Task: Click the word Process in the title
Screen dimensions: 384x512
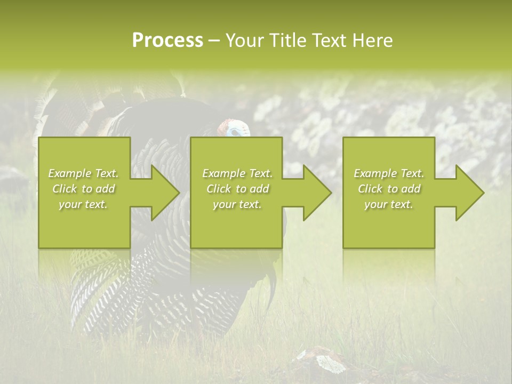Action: (167, 41)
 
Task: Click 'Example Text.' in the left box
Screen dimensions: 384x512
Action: (83, 173)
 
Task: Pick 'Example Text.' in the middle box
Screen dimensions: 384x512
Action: (237, 173)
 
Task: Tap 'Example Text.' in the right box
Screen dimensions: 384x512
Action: (389, 173)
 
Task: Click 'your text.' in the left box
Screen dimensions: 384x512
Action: (83, 204)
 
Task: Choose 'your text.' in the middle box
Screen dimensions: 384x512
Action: (237, 204)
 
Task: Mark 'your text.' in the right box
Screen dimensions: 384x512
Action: (389, 204)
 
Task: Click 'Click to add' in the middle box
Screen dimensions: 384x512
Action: (237, 189)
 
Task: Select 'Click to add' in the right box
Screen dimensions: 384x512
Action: (389, 189)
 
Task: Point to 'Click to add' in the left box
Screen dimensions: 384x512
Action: (83, 189)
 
